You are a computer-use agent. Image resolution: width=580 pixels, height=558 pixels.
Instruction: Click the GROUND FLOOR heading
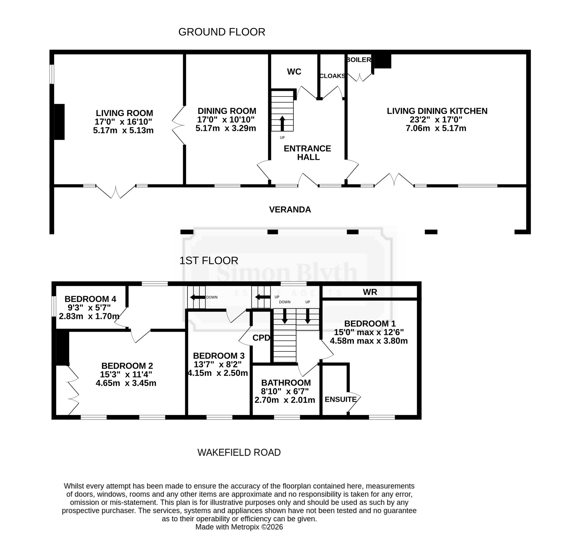coord(222,32)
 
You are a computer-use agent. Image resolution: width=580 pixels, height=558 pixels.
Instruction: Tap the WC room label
coord(294,72)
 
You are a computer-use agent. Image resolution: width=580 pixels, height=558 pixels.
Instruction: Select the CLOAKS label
coord(332,76)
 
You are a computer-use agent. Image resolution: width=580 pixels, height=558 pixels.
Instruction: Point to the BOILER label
coord(359,60)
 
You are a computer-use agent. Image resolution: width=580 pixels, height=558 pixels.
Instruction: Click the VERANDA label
coord(290,209)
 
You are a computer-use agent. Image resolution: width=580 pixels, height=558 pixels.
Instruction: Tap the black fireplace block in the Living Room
coord(59,122)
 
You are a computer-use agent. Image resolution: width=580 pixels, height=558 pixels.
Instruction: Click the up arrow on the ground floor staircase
coord(282,124)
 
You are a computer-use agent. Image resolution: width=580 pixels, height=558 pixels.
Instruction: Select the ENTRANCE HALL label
coord(308,153)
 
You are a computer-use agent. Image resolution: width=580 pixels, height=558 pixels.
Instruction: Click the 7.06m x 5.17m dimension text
coord(436,128)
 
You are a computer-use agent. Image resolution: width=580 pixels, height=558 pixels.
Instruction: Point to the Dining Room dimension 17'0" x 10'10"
coord(226,119)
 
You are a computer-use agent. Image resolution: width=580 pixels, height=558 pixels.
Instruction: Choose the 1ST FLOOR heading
coord(209,261)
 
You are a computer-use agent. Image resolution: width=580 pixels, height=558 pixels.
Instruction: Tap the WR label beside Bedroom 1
coord(370,292)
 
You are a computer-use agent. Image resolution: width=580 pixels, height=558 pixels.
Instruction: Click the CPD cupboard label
coord(261,338)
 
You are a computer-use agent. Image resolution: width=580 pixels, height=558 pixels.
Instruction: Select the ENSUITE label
coord(340,399)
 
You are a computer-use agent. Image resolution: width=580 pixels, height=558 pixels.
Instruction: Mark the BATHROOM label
coord(286,383)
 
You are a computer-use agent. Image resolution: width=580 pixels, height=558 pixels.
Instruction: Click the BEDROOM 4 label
coord(90,299)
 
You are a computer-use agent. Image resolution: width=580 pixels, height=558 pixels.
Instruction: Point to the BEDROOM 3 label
coord(219,356)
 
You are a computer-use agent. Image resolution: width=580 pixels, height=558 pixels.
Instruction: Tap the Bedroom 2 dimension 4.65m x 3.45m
coord(126,383)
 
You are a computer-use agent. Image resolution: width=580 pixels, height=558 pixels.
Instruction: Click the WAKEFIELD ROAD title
coord(239,452)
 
